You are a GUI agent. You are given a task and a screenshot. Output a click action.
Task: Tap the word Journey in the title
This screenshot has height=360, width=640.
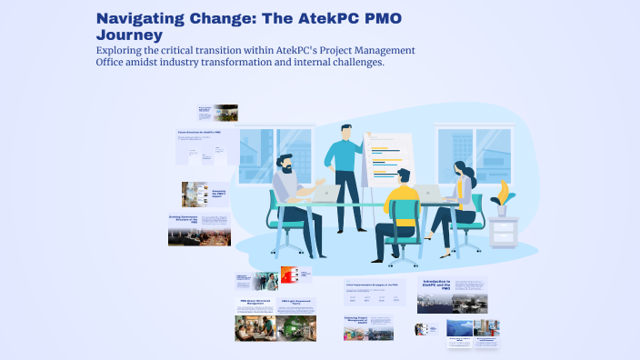click(129, 35)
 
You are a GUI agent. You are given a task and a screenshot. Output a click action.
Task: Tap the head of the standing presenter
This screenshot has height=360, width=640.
click(345, 133)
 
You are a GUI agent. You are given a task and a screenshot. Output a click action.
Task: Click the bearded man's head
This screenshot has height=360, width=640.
click(285, 164)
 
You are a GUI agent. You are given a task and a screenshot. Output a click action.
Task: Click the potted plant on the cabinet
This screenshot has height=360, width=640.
click(501, 196)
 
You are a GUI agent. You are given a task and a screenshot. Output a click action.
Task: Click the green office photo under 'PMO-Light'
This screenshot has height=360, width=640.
click(297, 328)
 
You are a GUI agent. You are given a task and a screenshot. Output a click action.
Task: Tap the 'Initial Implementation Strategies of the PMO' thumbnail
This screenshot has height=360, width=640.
click(375, 291)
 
